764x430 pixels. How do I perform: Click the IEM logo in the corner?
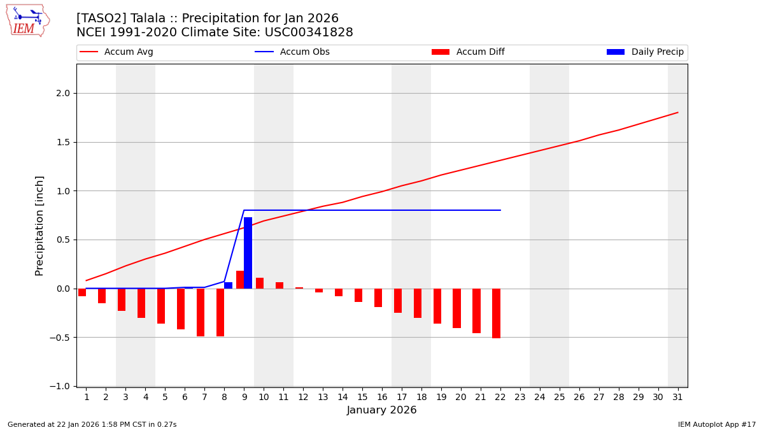coord(27,20)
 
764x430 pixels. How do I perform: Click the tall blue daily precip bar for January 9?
coord(248,253)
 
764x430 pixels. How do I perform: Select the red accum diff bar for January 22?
coord(496,313)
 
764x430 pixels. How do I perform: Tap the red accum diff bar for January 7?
coord(201,312)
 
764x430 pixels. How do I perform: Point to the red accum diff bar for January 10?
coord(260,283)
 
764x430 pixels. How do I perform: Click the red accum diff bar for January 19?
coord(437,306)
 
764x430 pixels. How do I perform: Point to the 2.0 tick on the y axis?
coord(62,93)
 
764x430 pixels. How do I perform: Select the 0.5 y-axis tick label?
coord(62,240)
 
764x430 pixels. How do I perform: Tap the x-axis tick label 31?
coord(677,397)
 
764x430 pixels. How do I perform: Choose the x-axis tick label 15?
coord(362,397)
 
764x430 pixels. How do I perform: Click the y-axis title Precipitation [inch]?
coord(39,226)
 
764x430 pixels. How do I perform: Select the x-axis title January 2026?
coord(381,410)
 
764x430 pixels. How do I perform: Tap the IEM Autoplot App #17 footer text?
coord(717,424)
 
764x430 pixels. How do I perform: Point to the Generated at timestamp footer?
coord(92,424)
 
